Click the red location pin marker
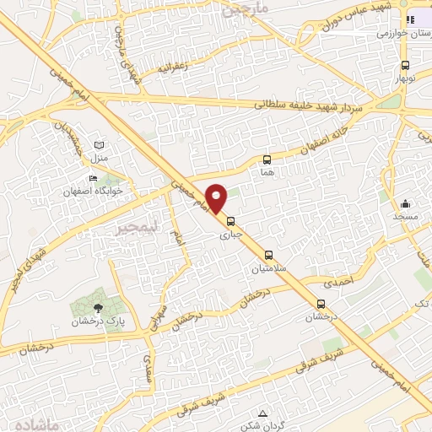pyautogui.click(x=217, y=197)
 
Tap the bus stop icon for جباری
pyautogui.click(x=231, y=221)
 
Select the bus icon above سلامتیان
pyautogui.click(x=268, y=254)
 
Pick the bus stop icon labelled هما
pyautogui.click(x=267, y=159)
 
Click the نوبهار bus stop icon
pyautogui.click(x=406, y=64)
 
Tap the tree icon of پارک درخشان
pyautogui.click(x=98, y=307)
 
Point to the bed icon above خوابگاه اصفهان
pyautogui.click(x=93, y=178)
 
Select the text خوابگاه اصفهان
pyautogui.click(x=93, y=192)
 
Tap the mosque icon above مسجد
pyautogui.click(x=405, y=202)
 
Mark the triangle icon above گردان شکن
pyautogui.click(x=263, y=413)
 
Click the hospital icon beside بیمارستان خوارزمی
pyautogui.click(x=410, y=20)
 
